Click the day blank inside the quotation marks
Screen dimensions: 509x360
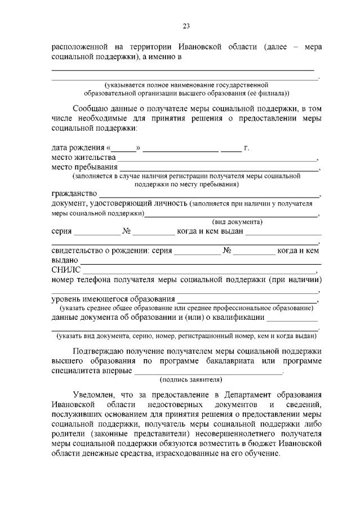point(126,149)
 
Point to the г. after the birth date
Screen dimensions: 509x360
point(246,148)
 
